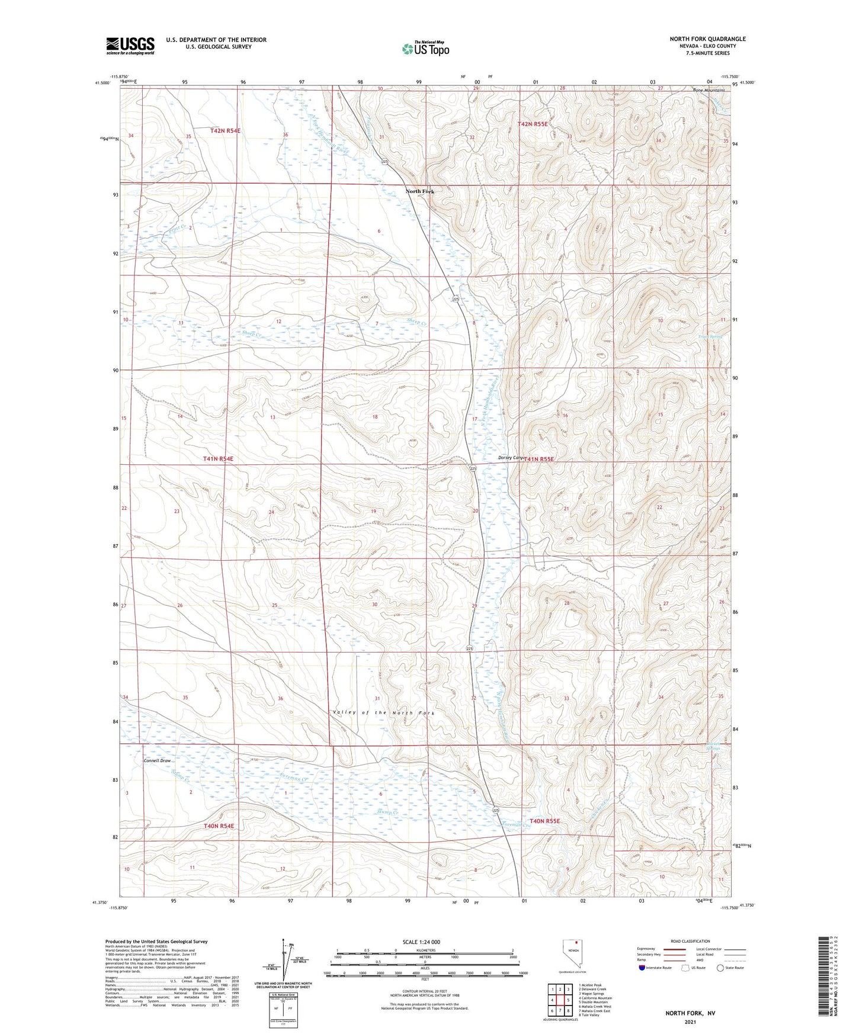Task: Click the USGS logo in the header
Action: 130,46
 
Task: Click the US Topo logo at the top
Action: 425,49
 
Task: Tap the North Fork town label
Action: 419,191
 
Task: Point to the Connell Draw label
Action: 157,760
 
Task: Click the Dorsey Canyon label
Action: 511,458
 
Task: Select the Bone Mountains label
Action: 708,90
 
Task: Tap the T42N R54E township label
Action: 225,130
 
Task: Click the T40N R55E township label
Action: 544,821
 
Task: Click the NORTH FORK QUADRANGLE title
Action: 707,39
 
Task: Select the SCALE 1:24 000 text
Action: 421,942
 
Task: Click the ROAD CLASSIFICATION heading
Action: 690,941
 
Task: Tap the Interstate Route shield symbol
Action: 642,968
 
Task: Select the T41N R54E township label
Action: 218,459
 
